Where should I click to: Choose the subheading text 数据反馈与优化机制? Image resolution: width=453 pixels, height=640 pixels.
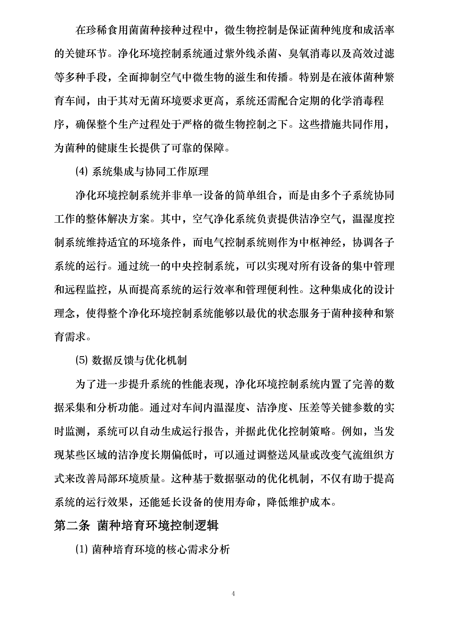139,361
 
